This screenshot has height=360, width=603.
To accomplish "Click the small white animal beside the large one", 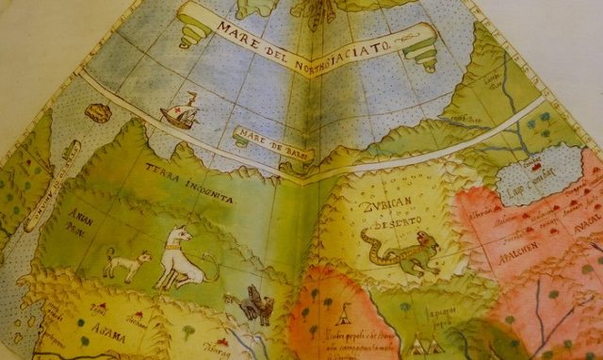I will (127, 263).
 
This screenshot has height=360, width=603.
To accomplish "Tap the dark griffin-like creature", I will (252, 303).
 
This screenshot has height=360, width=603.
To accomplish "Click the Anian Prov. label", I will (84, 221).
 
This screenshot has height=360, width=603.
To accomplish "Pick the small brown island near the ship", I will (97, 112).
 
